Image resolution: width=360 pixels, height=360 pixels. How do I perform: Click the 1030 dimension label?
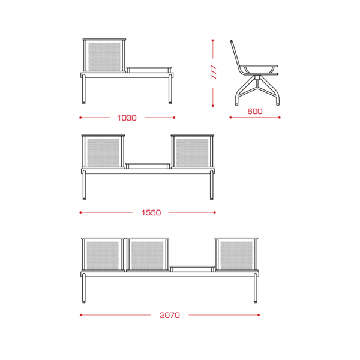[127, 118]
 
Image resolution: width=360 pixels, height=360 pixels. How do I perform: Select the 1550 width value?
[151, 212]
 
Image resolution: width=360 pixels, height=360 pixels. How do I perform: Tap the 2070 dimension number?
[170, 315]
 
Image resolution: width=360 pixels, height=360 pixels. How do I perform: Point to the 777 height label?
[213, 73]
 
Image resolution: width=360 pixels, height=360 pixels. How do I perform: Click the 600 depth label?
[255, 112]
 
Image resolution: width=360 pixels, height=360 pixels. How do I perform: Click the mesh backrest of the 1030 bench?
[104, 56]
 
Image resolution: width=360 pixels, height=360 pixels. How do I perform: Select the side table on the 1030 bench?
[149, 70]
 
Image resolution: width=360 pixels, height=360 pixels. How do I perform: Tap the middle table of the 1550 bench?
[148, 166]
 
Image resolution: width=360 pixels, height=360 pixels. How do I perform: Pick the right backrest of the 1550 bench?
[193, 152]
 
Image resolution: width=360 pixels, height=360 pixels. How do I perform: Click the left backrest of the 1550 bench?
[103, 152]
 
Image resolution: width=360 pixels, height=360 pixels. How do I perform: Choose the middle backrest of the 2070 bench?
[148, 254]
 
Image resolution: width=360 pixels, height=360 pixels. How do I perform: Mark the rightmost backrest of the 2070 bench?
[236, 254]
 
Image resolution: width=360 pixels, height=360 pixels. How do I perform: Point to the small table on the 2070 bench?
[192, 269]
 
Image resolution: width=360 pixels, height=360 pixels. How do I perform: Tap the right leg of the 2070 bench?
[256, 288]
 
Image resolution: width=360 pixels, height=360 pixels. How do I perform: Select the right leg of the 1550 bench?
[212, 185]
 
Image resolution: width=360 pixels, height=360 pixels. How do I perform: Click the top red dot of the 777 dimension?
[213, 40]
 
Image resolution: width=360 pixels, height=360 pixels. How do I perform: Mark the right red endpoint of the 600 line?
[280, 118]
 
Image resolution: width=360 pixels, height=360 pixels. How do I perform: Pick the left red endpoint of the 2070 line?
[81, 315]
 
